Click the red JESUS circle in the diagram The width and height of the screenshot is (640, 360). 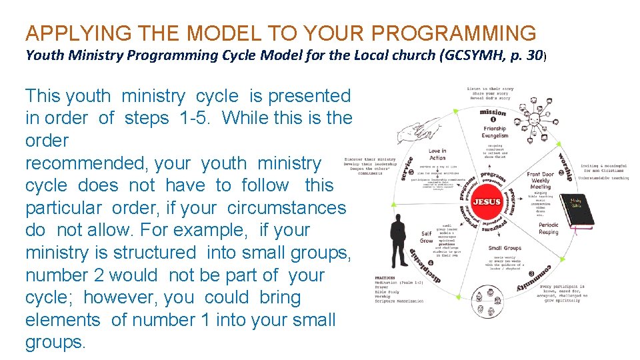pyautogui.click(x=486, y=201)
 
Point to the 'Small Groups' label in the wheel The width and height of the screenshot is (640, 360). pyautogui.click(x=504, y=249)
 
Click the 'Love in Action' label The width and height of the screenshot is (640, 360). pyautogui.click(x=437, y=155)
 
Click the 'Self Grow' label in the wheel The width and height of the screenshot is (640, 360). pyautogui.click(x=426, y=237)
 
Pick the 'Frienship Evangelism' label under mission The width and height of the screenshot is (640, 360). pyautogui.click(x=495, y=132)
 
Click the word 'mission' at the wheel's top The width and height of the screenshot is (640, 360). pyautogui.click(x=493, y=112)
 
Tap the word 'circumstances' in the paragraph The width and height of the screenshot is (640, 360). pyautogui.click(x=287, y=208)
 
